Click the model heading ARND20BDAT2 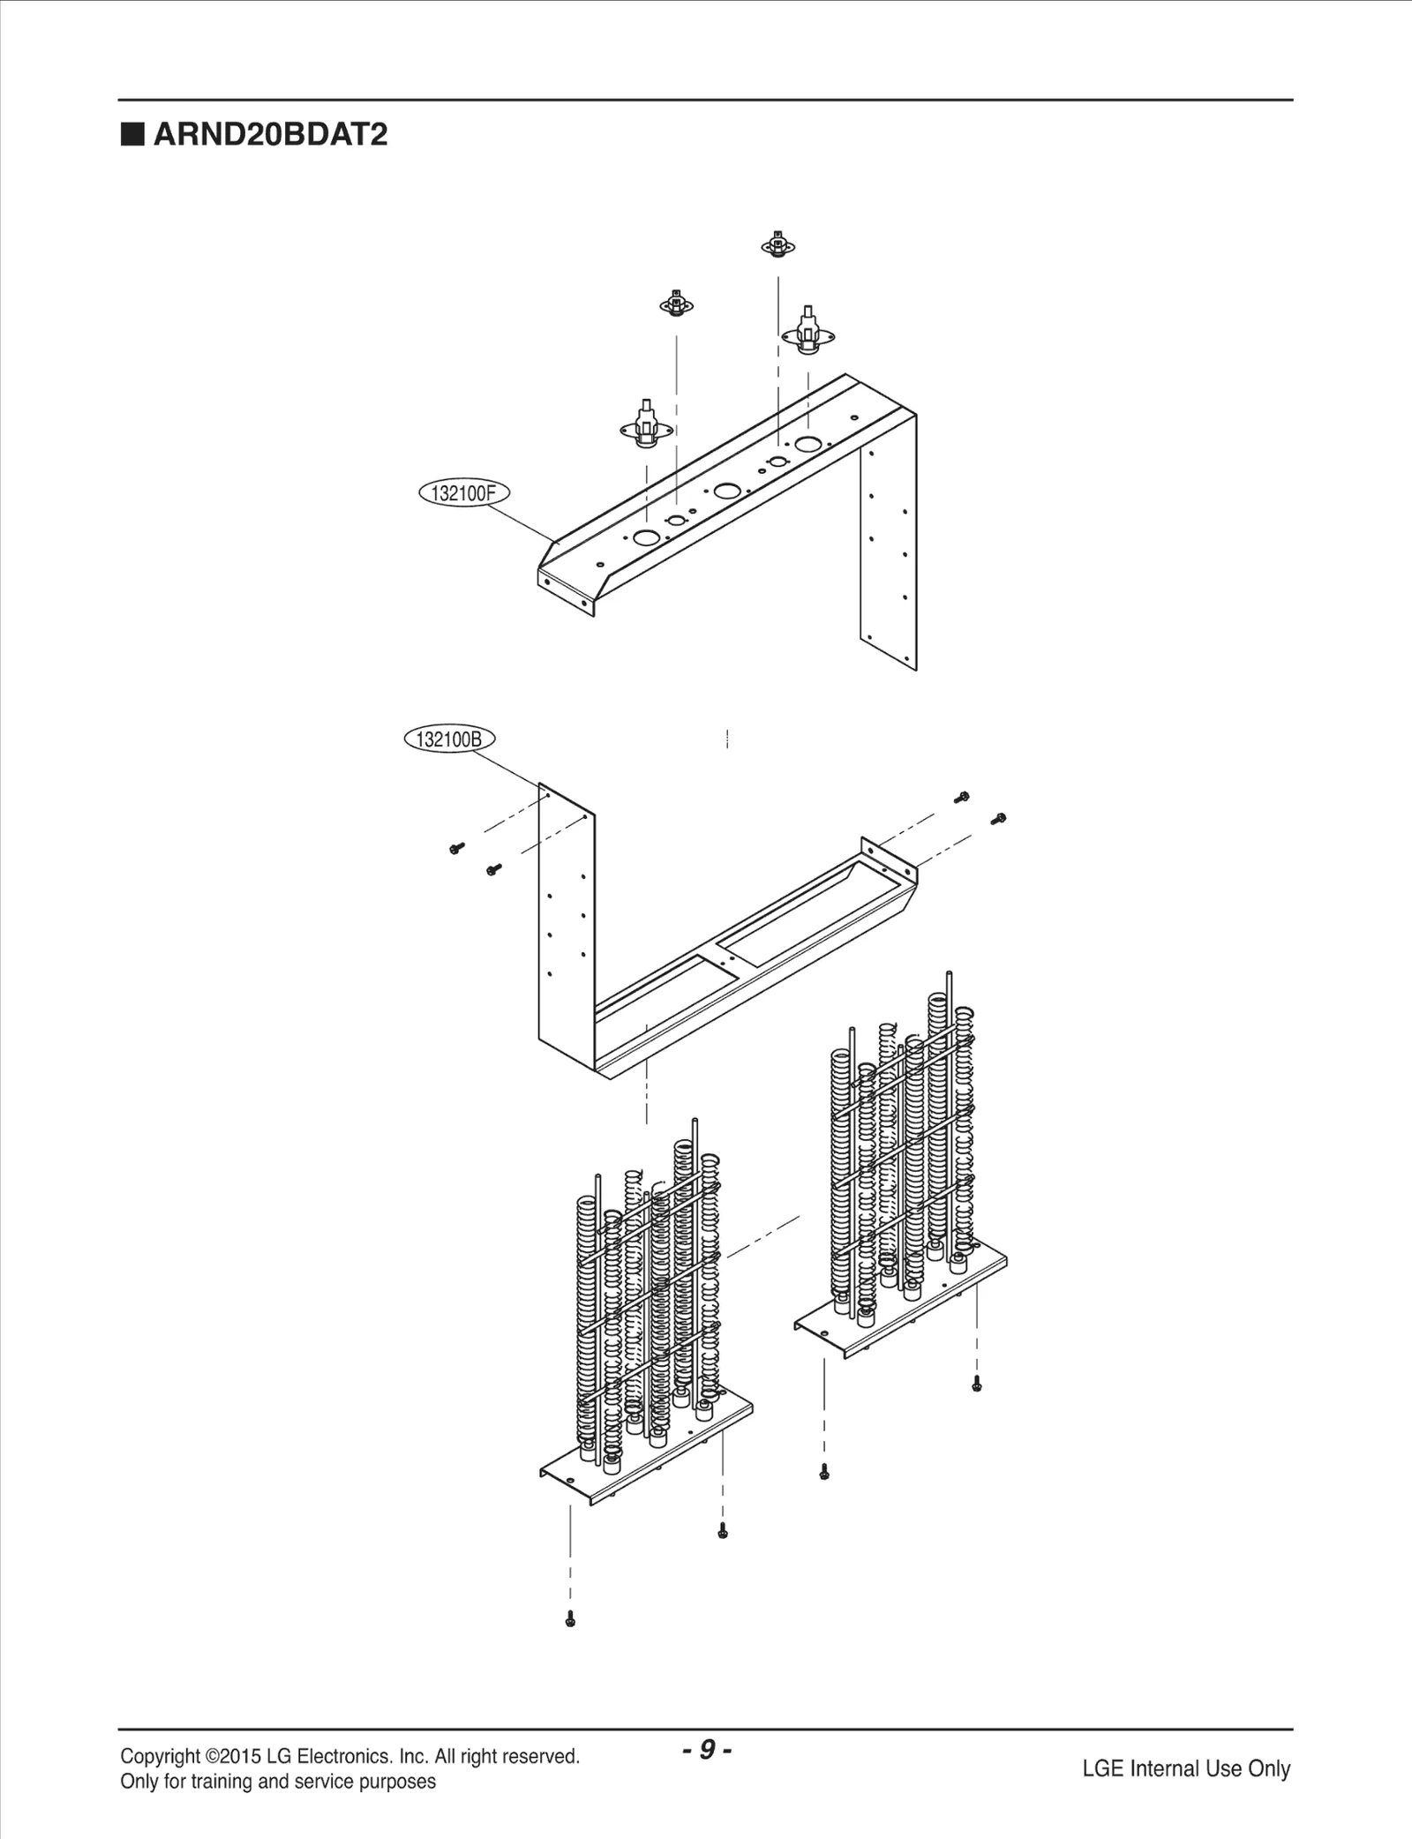click(270, 135)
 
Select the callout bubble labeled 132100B click(449, 739)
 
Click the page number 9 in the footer click(707, 1749)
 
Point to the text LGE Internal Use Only click(1186, 1768)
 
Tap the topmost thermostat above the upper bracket click(777, 244)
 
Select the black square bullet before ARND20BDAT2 click(132, 135)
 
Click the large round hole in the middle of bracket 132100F click(727, 491)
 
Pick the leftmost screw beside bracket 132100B click(456, 848)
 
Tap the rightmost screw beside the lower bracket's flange click(999, 819)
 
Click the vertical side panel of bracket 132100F click(890, 547)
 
